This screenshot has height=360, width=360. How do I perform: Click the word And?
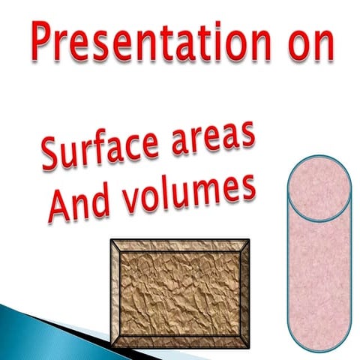point(75,205)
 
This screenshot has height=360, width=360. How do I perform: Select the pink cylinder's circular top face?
point(319,188)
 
